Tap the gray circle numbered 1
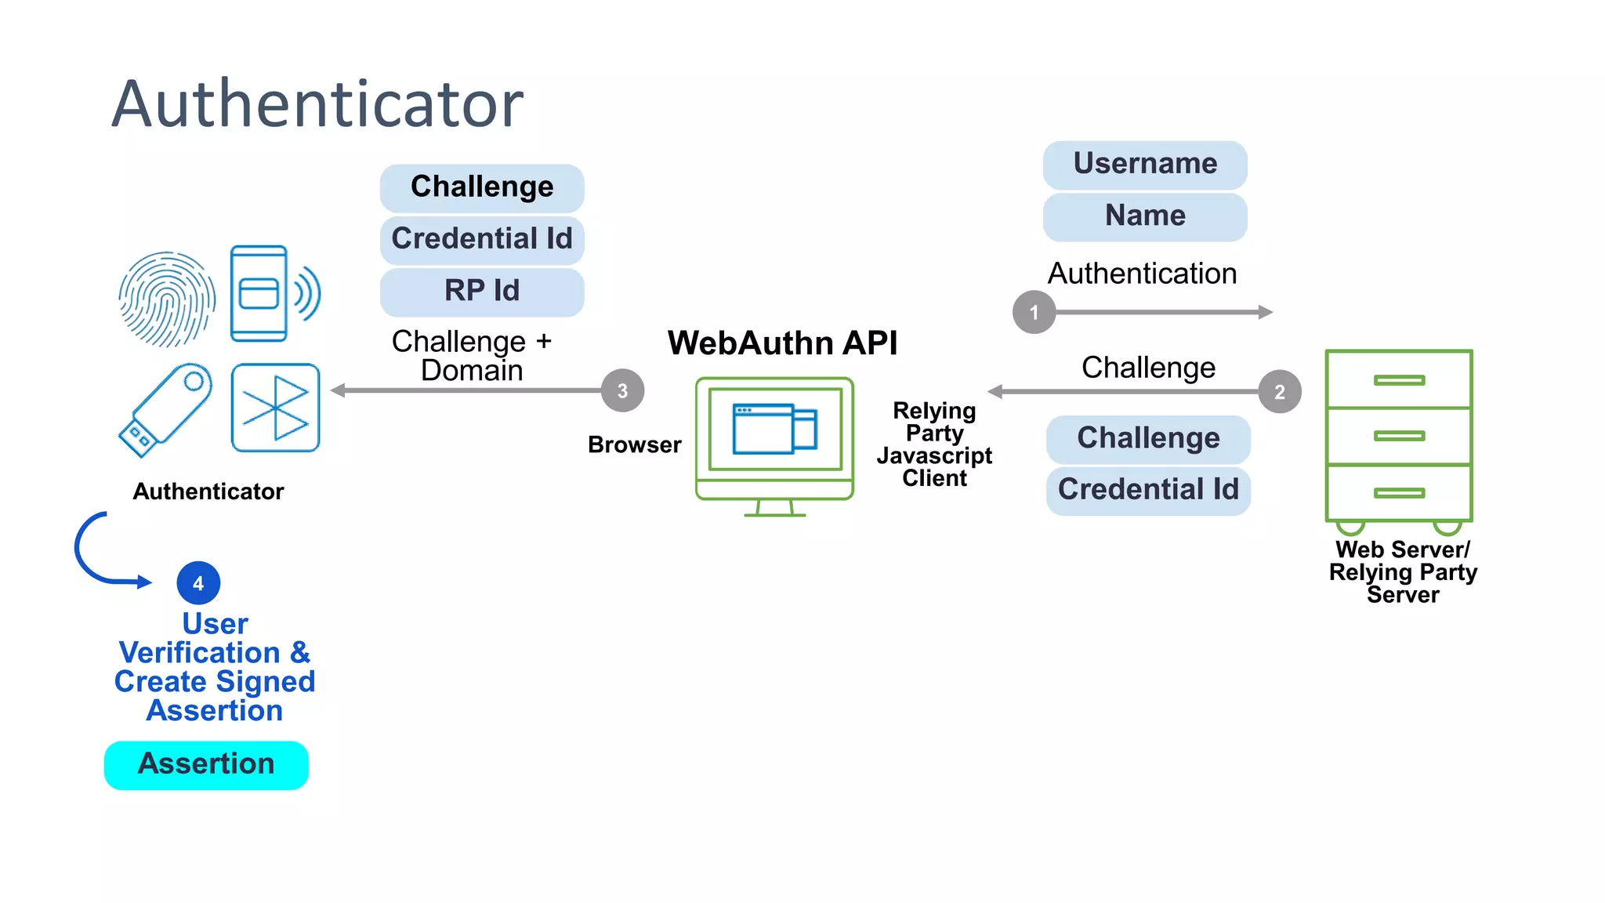point(1034,313)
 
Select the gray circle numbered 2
point(1279,392)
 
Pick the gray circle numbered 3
point(622,391)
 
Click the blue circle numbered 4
point(198,583)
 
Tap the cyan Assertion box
point(206,765)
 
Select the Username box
point(1144,165)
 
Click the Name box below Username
point(1144,216)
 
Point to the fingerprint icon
point(166,299)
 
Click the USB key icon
point(165,409)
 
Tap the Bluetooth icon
point(275,408)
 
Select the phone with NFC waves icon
point(273,294)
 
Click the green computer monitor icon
point(774,445)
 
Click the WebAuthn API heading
point(782,343)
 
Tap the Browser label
point(634,445)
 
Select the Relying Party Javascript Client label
point(934,444)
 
